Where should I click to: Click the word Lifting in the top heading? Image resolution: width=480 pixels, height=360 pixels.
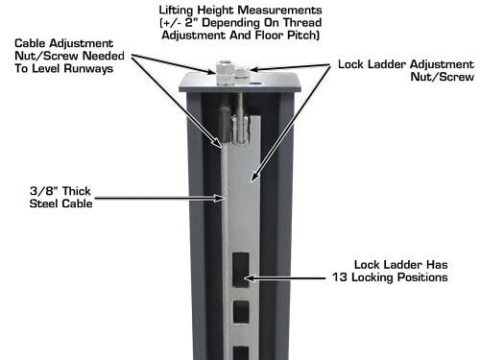click(x=177, y=11)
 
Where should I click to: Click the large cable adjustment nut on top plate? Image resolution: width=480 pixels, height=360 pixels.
click(x=226, y=74)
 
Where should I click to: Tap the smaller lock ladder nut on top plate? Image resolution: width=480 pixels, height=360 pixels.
click(x=242, y=72)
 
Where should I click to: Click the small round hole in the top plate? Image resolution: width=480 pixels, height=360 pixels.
click(x=256, y=84)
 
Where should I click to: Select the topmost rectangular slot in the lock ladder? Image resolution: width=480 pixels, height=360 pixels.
click(x=241, y=270)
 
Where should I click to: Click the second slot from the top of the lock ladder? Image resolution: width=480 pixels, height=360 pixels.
click(x=241, y=312)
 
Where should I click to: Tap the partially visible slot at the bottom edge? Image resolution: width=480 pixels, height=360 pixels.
click(x=241, y=353)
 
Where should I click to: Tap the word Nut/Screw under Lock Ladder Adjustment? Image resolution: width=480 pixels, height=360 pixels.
click(x=442, y=77)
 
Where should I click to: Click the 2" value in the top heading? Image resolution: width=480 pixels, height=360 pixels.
click(x=191, y=23)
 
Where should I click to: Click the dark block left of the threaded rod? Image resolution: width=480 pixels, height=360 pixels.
click(x=226, y=124)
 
